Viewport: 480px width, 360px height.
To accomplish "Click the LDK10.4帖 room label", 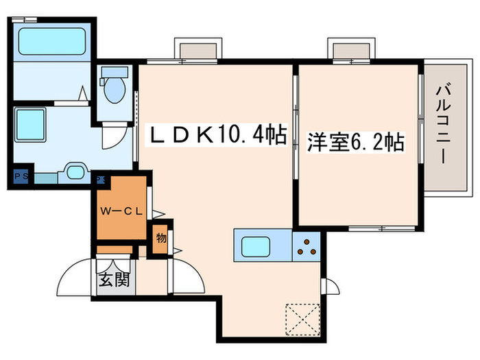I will tap(218, 135).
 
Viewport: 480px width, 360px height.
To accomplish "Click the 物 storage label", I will tap(160, 239).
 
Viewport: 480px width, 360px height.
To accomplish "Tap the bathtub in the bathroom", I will tap(51, 42).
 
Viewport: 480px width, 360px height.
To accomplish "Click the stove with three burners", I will tap(306, 245).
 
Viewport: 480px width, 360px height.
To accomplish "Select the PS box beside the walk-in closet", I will tap(100, 180).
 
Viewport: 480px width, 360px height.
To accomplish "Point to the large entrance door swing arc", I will tap(76, 278).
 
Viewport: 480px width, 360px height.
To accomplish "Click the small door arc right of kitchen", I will tap(332, 287).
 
